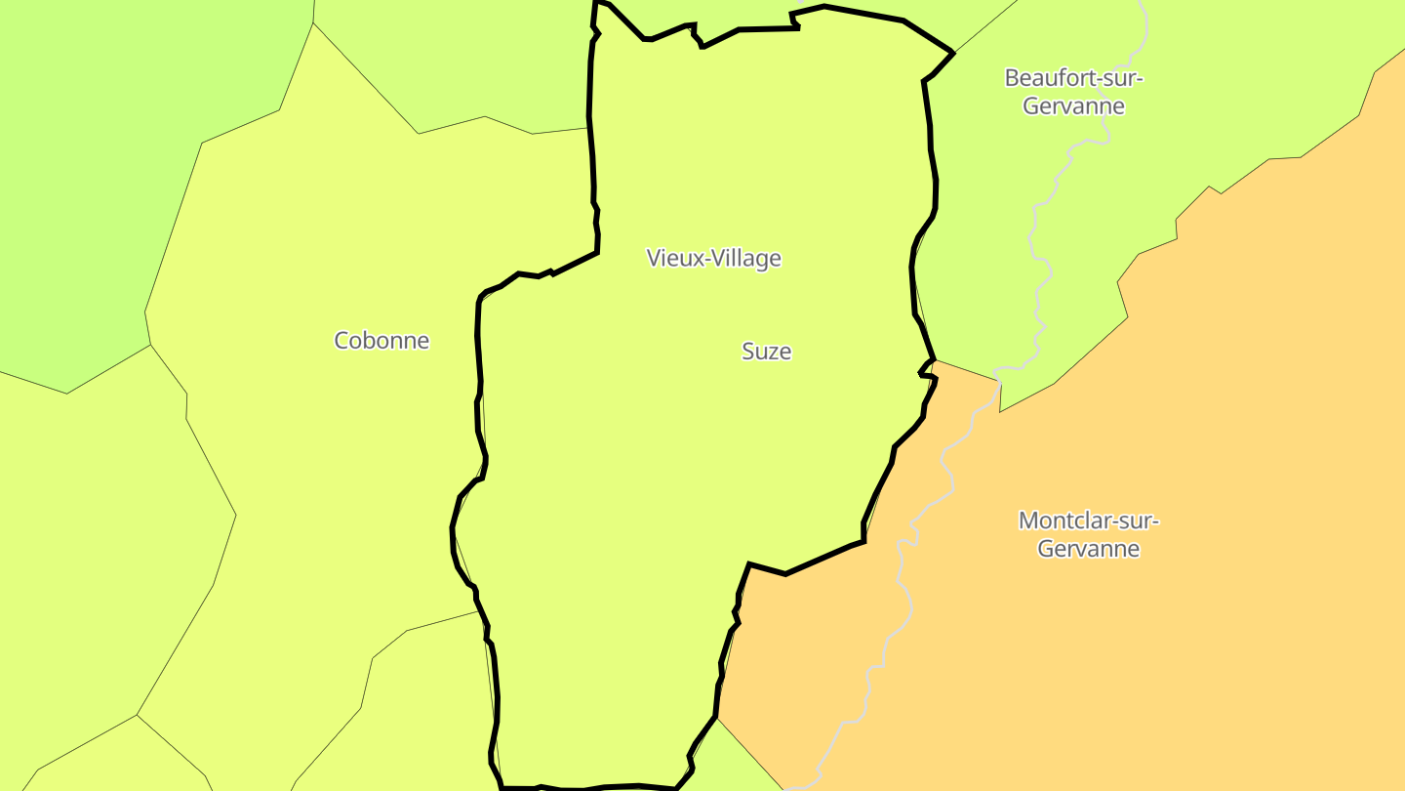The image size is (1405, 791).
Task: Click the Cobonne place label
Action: click(x=381, y=341)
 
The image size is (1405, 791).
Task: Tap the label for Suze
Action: click(x=766, y=352)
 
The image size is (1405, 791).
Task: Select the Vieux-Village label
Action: click(x=713, y=259)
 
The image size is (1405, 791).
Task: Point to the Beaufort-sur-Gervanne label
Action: click(x=1073, y=92)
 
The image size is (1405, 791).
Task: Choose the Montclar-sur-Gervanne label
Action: click(x=1088, y=534)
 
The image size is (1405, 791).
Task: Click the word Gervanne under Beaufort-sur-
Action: click(x=1073, y=106)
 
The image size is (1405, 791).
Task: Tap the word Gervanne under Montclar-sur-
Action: click(x=1088, y=549)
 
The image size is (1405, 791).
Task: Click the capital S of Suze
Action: click(x=748, y=352)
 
